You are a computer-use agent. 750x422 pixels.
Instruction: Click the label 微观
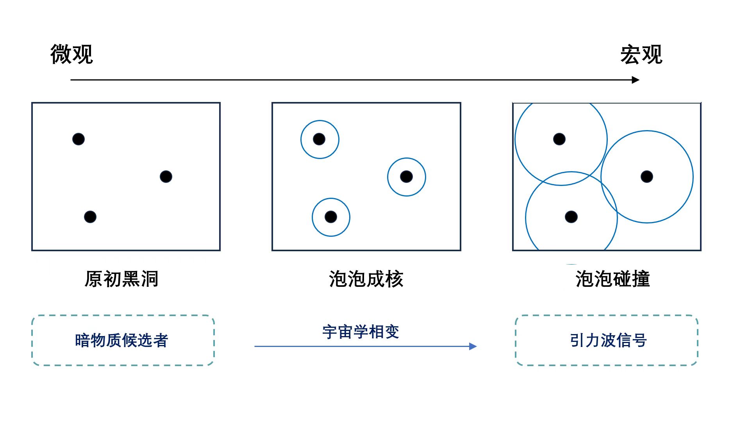[71, 54]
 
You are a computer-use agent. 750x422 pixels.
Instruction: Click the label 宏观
[641, 54]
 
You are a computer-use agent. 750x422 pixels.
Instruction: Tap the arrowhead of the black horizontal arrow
[636, 80]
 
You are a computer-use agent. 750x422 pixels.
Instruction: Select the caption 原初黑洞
[121, 279]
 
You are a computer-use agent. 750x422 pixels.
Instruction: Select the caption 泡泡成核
[366, 279]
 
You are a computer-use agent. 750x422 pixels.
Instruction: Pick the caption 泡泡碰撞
[612, 279]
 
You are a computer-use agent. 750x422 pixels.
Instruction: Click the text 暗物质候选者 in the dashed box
[121, 340]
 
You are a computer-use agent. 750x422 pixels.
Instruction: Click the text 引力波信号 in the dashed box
[608, 340]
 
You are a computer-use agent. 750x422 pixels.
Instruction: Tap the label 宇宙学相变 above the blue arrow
[361, 332]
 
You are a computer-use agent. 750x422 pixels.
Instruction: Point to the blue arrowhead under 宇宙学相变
[473, 346]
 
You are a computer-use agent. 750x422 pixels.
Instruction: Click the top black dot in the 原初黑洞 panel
[79, 139]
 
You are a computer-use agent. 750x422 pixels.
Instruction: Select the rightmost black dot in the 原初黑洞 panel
[166, 177]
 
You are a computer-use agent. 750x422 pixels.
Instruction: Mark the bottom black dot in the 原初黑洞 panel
[90, 217]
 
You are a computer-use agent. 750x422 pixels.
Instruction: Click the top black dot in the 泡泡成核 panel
[319, 139]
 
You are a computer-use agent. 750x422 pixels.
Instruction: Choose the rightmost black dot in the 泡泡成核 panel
[407, 177]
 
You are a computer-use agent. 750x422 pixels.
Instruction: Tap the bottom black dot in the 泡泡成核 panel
[331, 217]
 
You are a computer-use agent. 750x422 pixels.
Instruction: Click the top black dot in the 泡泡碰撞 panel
[559, 139]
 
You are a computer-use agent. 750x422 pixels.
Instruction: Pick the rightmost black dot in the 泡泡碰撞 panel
[647, 177]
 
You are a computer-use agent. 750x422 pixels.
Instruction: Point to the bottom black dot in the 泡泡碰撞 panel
[571, 217]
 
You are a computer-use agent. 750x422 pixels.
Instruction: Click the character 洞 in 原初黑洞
[149, 279]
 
